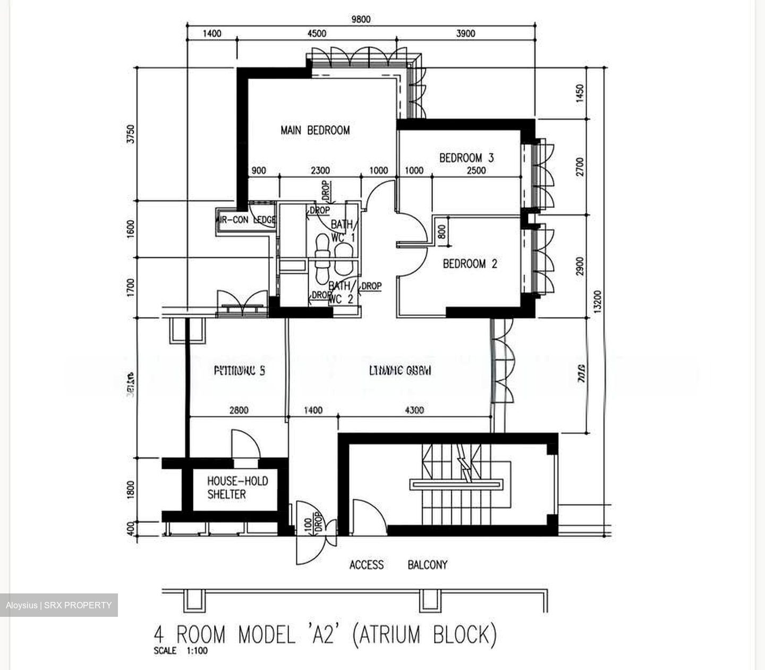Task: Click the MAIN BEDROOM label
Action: tap(315, 130)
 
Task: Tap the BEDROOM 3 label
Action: tap(466, 158)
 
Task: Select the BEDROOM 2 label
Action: tap(470, 264)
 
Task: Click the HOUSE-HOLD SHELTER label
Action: tap(237, 488)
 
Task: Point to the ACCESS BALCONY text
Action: tap(398, 565)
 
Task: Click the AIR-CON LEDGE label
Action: tap(246, 220)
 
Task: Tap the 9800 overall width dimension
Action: tap(361, 20)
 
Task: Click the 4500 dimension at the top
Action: tap(317, 33)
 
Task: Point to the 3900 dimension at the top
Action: tap(465, 33)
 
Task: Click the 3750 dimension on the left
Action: tap(131, 134)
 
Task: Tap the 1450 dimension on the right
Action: tap(580, 93)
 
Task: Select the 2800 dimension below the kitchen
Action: tap(239, 410)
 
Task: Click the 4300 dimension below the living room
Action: tap(414, 410)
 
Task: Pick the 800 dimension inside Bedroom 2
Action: tap(442, 232)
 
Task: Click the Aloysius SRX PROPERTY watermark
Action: tap(59, 605)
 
